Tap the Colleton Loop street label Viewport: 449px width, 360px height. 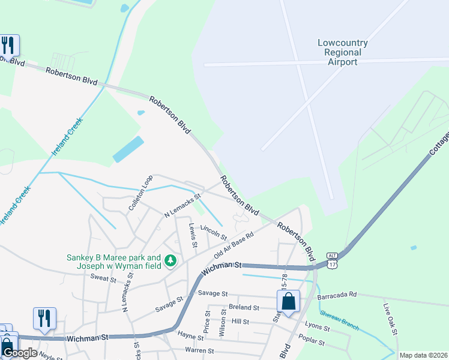(136, 193)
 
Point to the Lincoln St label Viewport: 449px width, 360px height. (213, 230)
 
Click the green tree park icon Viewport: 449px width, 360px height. (171, 260)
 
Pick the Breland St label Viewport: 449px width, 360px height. (243, 307)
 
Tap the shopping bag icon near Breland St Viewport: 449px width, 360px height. (288, 302)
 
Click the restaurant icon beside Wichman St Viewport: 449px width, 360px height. (44, 318)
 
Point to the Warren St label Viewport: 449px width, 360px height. (200, 350)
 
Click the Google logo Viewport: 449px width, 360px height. (20, 353)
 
